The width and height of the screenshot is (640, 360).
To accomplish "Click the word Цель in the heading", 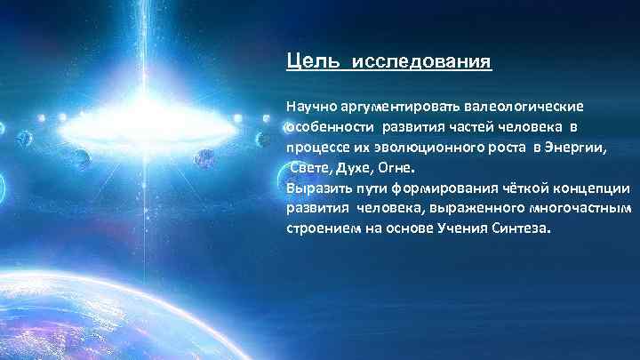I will [307, 63].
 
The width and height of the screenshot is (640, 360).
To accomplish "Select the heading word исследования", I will [422, 63].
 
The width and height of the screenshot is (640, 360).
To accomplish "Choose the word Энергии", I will [576, 147].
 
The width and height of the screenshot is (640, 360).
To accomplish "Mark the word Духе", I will [351, 167].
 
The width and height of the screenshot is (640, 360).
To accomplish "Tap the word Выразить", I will [316, 188].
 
